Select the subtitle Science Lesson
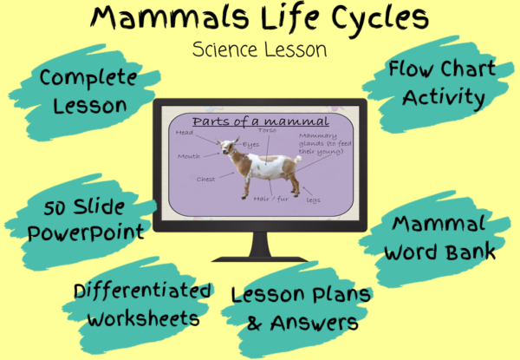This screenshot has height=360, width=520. point(260,49)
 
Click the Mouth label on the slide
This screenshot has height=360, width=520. point(189,157)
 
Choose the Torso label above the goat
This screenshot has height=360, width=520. point(267,130)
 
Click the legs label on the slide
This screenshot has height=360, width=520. point(313,200)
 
